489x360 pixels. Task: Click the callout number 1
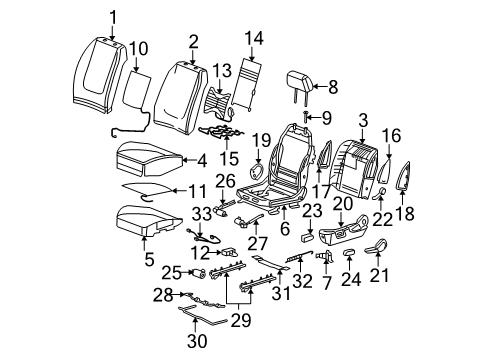[113, 15]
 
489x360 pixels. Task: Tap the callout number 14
[253, 39]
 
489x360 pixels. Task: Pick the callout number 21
[379, 273]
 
